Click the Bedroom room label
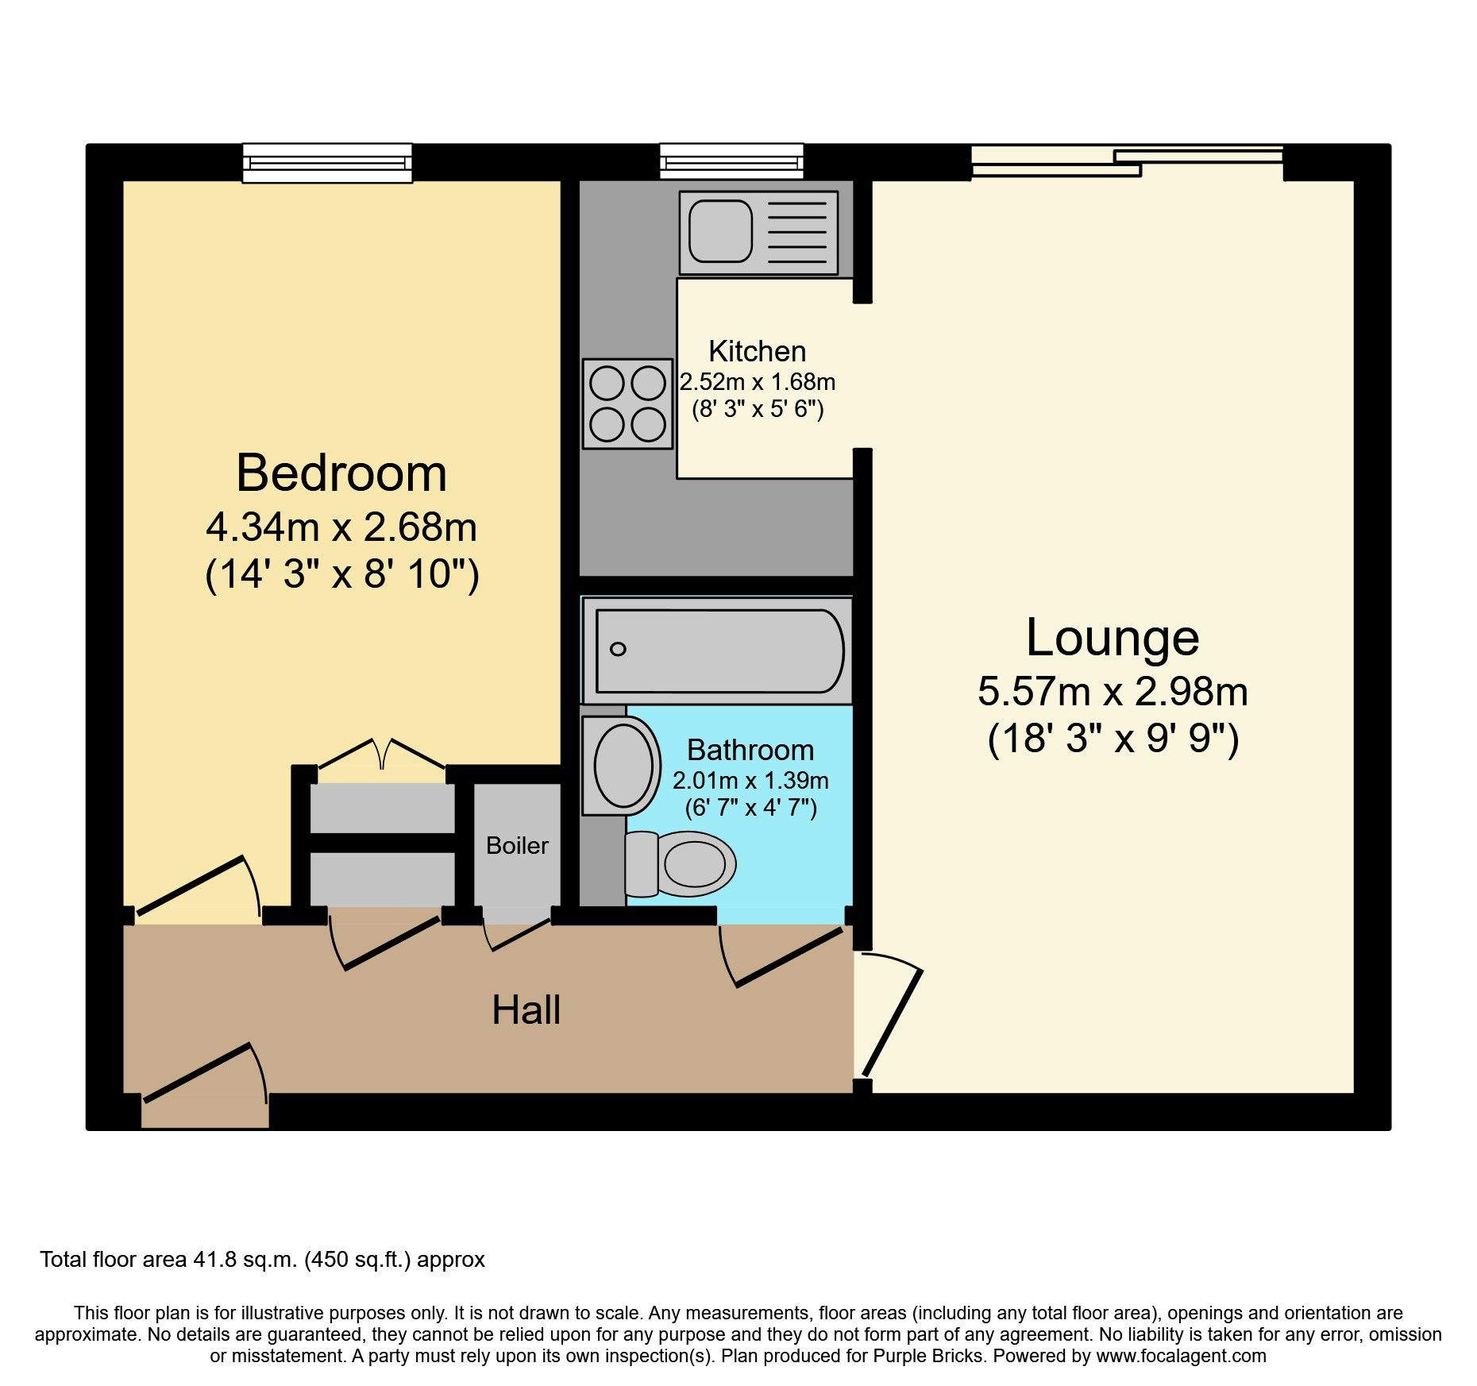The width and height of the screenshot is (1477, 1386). click(341, 473)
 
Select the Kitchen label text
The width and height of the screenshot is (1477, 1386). click(757, 351)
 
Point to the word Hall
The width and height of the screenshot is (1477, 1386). click(526, 1010)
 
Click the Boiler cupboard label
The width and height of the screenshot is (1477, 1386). click(517, 845)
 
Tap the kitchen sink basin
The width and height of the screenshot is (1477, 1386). click(720, 231)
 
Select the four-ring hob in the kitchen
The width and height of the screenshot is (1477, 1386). click(627, 403)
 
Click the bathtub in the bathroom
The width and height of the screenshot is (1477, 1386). click(719, 651)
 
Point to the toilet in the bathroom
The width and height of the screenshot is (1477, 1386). click(683, 864)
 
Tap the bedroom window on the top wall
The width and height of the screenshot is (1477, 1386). click(327, 163)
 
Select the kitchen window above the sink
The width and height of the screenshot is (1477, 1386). click(731, 162)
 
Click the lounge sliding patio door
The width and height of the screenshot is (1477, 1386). click(1127, 162)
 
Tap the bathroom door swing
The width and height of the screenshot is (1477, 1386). click(782, 957)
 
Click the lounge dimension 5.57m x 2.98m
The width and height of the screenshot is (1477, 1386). click(1112, 691)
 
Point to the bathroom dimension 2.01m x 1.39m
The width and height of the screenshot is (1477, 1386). click(750, 781)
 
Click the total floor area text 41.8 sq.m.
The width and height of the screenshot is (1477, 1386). click(262, 1260)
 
